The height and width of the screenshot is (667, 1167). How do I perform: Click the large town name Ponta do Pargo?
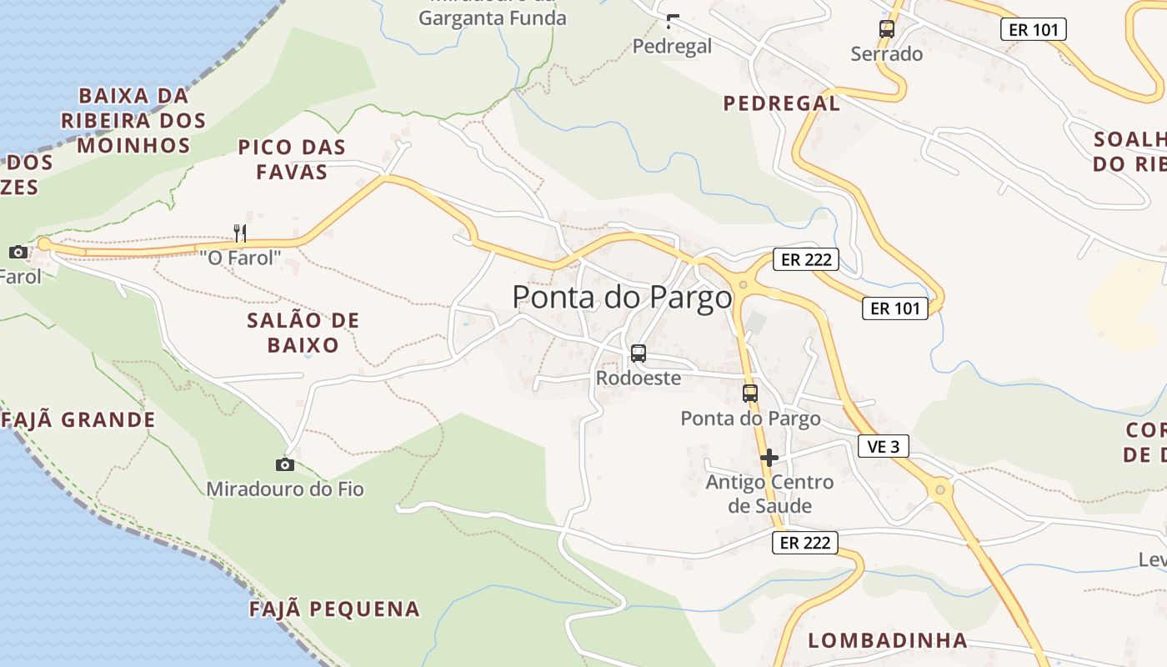pos(622,298)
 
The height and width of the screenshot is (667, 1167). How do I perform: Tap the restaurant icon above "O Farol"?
pos(240,233)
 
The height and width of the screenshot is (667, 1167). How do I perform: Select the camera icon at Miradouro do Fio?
pos(285,464)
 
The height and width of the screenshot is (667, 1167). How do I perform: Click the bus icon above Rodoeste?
pos(639,354)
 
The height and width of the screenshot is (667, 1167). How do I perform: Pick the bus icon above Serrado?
pos(887,29)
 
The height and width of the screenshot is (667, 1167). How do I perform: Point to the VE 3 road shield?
pos(883,446)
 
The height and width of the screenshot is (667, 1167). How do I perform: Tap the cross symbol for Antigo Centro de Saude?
pos(769,457)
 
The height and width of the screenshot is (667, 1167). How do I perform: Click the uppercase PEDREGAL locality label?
pos(782,103)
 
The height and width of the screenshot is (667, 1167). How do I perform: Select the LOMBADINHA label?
pos(888,640)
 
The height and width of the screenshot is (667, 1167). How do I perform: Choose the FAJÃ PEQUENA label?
pos(335,609)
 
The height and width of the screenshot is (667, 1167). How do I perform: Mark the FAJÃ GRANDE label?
pos(79,419)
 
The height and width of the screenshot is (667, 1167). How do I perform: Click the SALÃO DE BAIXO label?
pos(303,333)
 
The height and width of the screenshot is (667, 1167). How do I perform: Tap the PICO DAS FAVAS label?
pos(292,159)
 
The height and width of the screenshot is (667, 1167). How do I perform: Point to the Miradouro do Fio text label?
pos(285,489)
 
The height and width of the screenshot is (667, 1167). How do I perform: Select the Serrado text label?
pos(887,54)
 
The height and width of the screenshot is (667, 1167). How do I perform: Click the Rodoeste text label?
pos(639,378)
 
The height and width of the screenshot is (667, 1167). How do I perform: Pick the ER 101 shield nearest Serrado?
pos(1033,30)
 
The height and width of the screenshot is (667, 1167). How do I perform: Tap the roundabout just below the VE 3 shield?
pos(940,489)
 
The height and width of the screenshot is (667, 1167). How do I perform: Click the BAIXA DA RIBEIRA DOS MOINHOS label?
pos(133,120)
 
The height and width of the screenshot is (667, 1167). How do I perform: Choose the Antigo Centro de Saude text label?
pos(769,494)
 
